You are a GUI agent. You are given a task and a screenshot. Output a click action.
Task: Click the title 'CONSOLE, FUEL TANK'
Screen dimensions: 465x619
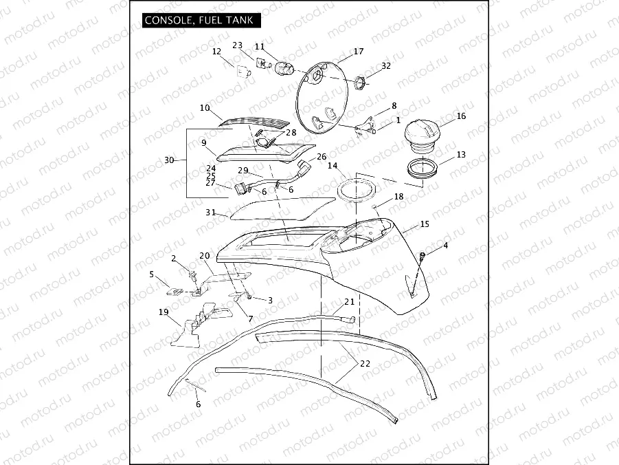[199, 20]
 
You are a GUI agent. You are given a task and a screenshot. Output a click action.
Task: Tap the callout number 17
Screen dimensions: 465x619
[358, 52]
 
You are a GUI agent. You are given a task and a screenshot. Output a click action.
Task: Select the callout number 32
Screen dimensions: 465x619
[385, 66]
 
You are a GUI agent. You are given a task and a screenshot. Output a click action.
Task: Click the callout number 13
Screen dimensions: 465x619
[460, 155]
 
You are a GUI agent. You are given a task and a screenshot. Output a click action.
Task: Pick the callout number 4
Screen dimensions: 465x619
[445, 246]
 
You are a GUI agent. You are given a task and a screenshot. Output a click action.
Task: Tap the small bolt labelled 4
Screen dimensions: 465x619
[423, 256]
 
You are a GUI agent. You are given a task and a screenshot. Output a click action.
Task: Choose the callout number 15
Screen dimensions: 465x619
[424, 224]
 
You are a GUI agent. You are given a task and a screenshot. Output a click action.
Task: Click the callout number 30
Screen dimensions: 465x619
[169, 160]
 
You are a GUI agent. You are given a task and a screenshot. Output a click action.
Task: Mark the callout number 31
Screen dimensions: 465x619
[210, 213]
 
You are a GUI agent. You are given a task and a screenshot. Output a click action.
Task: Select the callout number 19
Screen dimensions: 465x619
[164, 312]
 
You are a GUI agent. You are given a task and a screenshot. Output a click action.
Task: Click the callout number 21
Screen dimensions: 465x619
[350, 302]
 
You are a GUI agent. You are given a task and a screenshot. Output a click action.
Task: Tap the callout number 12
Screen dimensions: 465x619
[216, 52]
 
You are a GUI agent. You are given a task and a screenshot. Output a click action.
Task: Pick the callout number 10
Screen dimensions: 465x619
[205, 108]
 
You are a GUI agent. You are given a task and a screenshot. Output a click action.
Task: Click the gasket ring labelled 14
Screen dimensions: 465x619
[357, 188]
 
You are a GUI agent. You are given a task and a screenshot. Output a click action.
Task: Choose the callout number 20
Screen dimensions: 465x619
[204, 255]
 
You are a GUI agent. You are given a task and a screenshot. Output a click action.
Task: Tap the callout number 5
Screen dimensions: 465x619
[151, 274]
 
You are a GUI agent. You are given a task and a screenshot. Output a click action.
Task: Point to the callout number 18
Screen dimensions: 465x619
[398, 197]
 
